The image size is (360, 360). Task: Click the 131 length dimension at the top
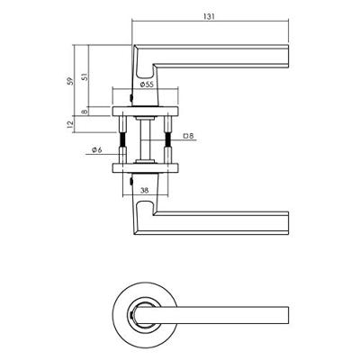209,15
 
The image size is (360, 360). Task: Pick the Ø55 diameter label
148,84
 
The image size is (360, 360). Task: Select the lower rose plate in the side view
147,166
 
